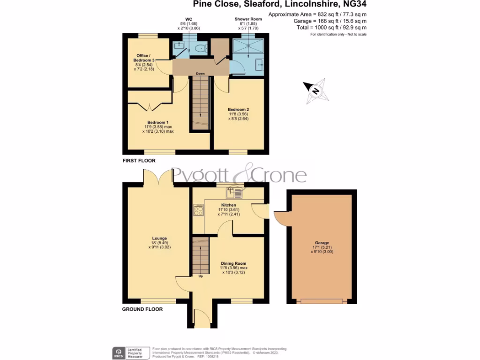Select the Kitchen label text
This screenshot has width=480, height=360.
(x=228, y=205)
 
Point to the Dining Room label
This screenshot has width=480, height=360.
(x=233, y=263)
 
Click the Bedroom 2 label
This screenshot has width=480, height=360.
(x=238, y=109)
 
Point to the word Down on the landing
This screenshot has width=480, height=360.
(x=200, y=74)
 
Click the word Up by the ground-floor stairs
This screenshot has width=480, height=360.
(x=201, y=276)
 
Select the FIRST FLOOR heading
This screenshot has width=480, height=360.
(x=139, y=161)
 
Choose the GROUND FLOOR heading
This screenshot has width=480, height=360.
(x=142, y=309)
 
